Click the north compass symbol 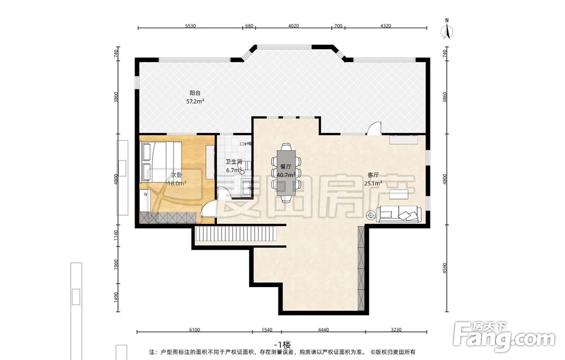click(447, 29)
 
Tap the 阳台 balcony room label click(195, 93)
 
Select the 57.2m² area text click(195, 101)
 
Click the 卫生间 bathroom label click(234, 162)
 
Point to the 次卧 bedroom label click(176, 175)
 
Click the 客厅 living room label click(373, 175)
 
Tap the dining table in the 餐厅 click(286, 172)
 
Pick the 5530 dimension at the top click(190, 26)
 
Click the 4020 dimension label click(294, 26)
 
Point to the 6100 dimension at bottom click(194, 329)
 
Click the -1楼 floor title click(282, 344)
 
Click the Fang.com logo click(504, 337)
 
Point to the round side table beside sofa click(371, 215)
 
